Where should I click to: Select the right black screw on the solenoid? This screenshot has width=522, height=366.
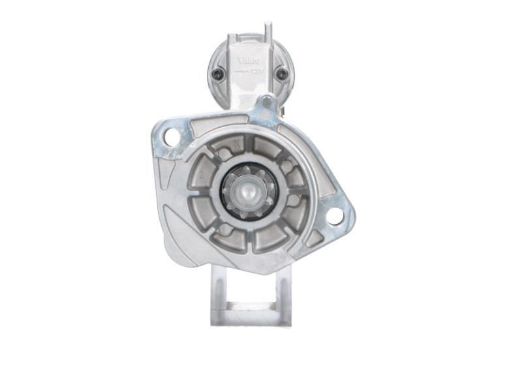click(x=281, y=74)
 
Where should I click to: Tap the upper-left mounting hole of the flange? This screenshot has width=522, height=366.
click(x=171, y=137)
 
